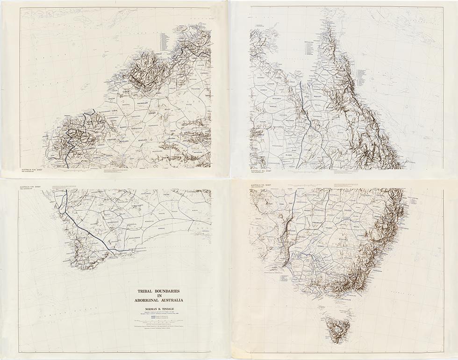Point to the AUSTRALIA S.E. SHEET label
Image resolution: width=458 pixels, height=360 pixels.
pos(263,185)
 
